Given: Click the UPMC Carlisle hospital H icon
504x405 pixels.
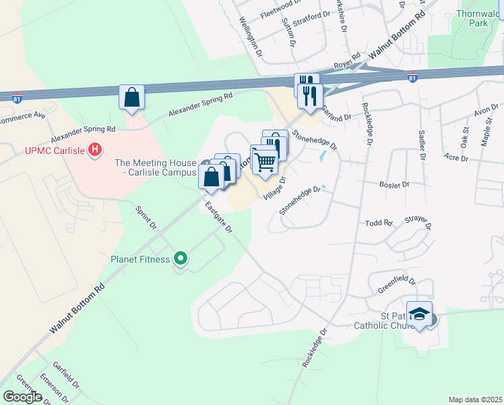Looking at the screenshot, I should pos(96,149).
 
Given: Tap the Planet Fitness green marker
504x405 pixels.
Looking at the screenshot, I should pos(180,259).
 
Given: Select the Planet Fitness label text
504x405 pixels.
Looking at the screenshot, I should pos(140,259).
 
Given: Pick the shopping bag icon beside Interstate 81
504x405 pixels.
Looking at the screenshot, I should pos(132,97).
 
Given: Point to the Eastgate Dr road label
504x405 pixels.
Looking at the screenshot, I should pos(219,218).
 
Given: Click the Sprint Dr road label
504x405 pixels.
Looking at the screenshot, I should pos(146,216).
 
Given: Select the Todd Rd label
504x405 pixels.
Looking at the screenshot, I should pos(378,223).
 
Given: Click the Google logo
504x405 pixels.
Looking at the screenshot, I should pos(22,396).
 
